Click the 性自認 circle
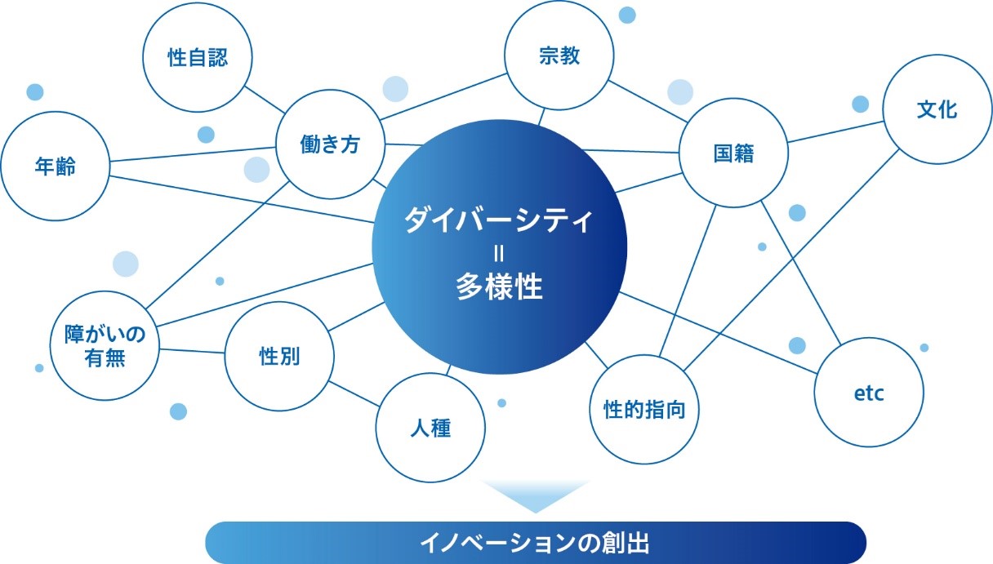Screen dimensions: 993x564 pos(198,57)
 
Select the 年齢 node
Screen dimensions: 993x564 pos(55,167)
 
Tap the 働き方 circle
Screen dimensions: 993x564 pos(330,144)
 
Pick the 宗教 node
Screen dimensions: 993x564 pos(559,55)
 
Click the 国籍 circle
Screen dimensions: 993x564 pos(733,153)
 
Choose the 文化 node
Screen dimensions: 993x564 pos(937,109)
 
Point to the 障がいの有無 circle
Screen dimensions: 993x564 pos(105,346)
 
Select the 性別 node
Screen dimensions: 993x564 pos(279,357)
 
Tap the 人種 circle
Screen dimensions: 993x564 pos(430,428)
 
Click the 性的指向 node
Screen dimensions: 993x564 pos(644,410)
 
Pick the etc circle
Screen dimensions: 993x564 pos(870,393)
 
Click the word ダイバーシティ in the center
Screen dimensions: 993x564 pos(499,220)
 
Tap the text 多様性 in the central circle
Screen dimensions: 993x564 pos(500,286)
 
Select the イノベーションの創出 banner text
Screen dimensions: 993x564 pos(535,543)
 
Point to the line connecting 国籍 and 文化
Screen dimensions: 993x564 pos(835,132)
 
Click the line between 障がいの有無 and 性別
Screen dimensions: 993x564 pos(192,351)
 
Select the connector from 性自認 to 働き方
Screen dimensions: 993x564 pos(265,100)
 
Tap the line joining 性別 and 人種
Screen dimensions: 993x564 pos(354,394)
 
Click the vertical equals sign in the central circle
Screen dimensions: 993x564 pos(499,254)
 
